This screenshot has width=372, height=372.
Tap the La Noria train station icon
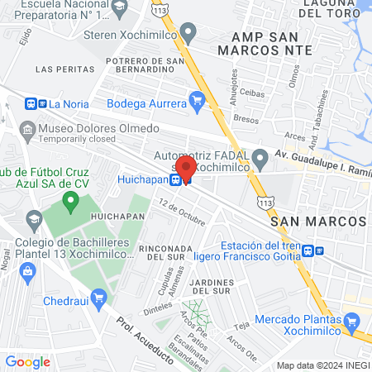(36, 104)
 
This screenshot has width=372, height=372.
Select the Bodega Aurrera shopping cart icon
(196, 103)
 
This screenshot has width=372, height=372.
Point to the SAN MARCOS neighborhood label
(318, 222)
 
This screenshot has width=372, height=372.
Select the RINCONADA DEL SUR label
(171, 252)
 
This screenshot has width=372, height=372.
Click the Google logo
(27, 361)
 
